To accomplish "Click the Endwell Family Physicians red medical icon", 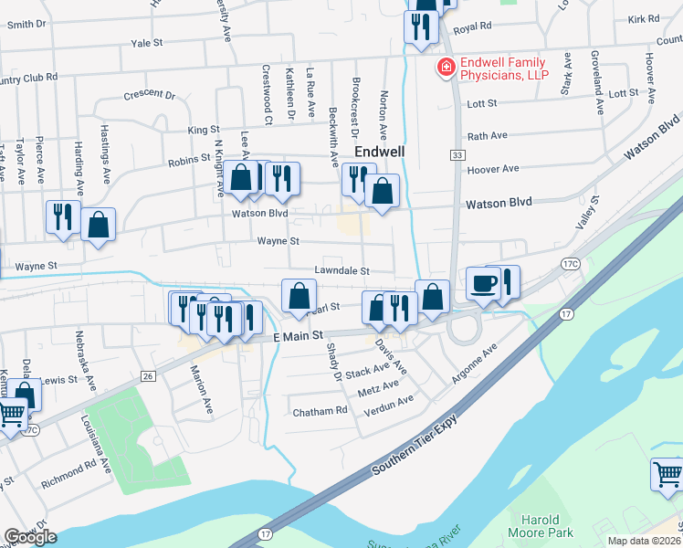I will point(447,68).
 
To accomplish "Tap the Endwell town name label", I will point(379,151).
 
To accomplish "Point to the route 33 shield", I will point(456,156).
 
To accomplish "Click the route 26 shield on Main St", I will point(149,376).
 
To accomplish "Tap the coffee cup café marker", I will point(483,282).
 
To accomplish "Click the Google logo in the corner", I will point(29,537).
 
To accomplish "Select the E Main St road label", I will point(299,337).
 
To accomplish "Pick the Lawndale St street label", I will point(341,271).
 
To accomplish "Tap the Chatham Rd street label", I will point(320,412).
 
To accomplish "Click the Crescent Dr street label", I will point(149,94).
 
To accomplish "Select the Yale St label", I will point(146,43).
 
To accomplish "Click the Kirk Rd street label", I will point(643,19).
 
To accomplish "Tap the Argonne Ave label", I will point(475,364).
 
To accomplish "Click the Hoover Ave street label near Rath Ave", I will point(492,169).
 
